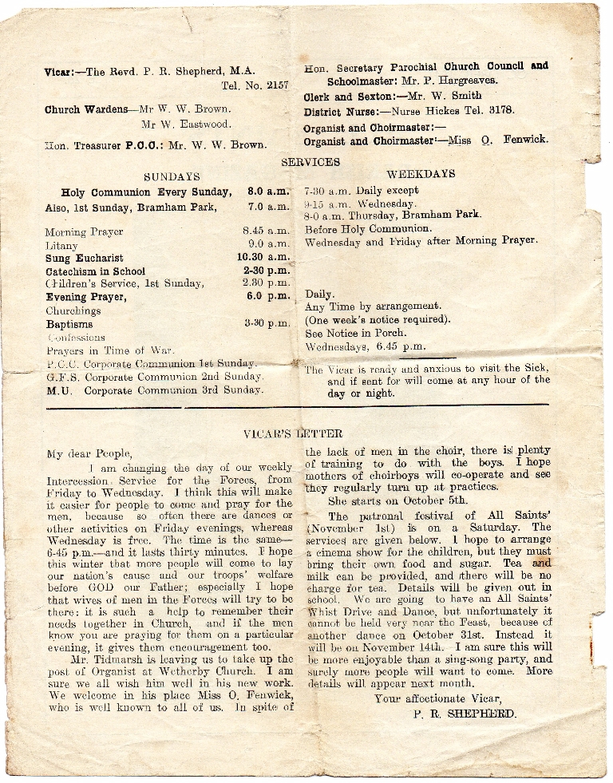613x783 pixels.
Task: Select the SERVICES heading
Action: [x=310, y=162]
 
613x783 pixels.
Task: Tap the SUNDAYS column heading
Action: [x=172, y=176]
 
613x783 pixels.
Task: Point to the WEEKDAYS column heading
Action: [x=421, y=174]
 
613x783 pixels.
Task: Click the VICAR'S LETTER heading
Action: [x=286, y=434]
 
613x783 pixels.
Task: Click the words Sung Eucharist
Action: [x=85, y=259]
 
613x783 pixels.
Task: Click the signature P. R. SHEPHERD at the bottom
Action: [x=465, y=714]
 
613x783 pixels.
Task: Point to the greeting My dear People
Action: [x=89, y=454]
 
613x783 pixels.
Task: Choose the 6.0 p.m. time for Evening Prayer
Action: [x=268, y=296]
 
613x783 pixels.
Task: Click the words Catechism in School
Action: [x=96, y=271]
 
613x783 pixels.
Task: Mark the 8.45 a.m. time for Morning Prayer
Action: [x=266, y=232]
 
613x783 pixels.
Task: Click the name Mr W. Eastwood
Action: [x=186, y=125]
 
